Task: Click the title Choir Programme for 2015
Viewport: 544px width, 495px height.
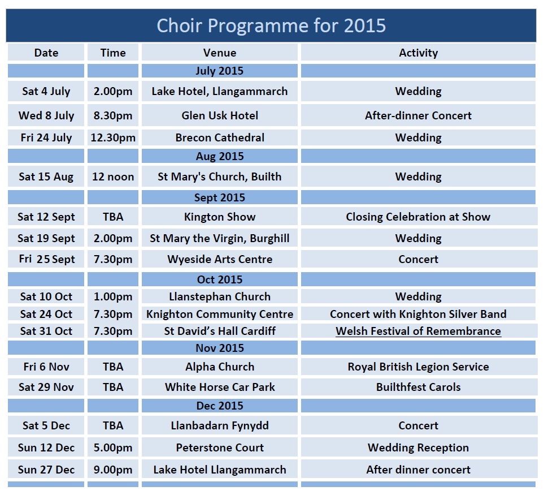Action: click(x=271, y=25)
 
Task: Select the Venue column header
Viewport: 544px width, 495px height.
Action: click(x=220, y=53)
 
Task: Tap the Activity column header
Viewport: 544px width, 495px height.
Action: click(x=419, y=53)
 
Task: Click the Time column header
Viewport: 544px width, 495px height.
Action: click(x=113, y=53)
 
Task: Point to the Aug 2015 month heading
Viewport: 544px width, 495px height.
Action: click(x=220, y=156)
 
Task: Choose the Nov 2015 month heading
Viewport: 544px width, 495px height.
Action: click(x=220, y=348)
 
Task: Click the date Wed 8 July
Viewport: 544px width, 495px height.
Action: click(x=46, y=115)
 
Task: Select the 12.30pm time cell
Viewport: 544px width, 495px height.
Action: click(x=113, y=138)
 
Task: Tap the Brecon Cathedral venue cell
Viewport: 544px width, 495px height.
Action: click(x=220, y=137)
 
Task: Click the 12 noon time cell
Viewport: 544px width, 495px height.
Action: click(x=113, y=177)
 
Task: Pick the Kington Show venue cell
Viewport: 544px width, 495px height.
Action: click(x=220, y=217)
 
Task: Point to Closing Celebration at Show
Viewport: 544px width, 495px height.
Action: click(x=418, y=217)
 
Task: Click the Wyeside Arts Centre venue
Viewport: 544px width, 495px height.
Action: click(x=220, y=260)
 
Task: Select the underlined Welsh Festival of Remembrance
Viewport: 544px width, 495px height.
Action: click(x=419, y=331)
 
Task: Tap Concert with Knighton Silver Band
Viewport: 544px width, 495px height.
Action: click(x=418, y=314)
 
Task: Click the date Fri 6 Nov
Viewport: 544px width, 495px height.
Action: click(x=46, y=367)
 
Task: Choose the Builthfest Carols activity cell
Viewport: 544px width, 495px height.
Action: click(x=419, y=387)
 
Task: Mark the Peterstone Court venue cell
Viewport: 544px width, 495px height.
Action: click(x=220, y=447)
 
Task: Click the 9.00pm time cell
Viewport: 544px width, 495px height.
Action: click(x=113, y=470)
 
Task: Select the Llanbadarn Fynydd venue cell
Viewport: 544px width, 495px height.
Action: click(x=220, y=426)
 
